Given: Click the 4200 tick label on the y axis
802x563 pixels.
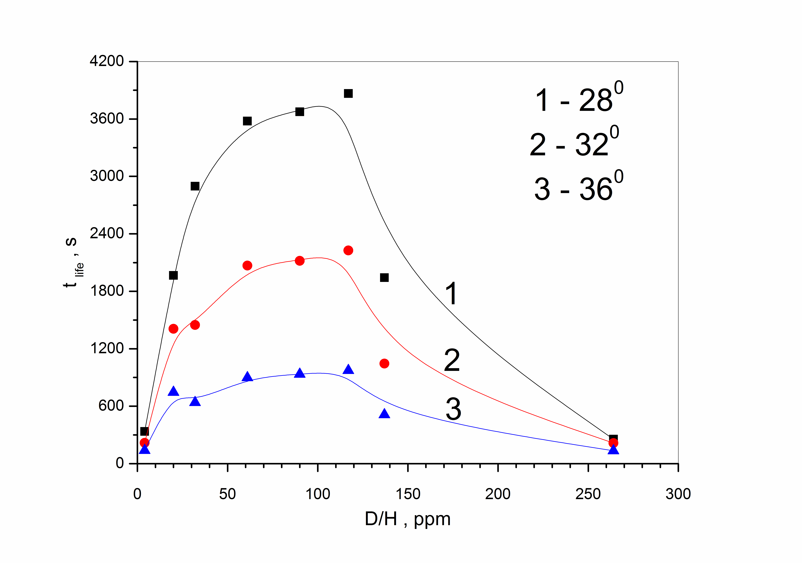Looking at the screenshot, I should (107, 61).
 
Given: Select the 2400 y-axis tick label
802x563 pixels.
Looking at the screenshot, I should (107, 233).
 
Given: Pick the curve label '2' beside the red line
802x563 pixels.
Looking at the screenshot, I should (452, 360).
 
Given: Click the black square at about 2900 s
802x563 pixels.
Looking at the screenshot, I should (195, 186).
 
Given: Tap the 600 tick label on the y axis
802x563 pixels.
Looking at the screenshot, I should (111, 406).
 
